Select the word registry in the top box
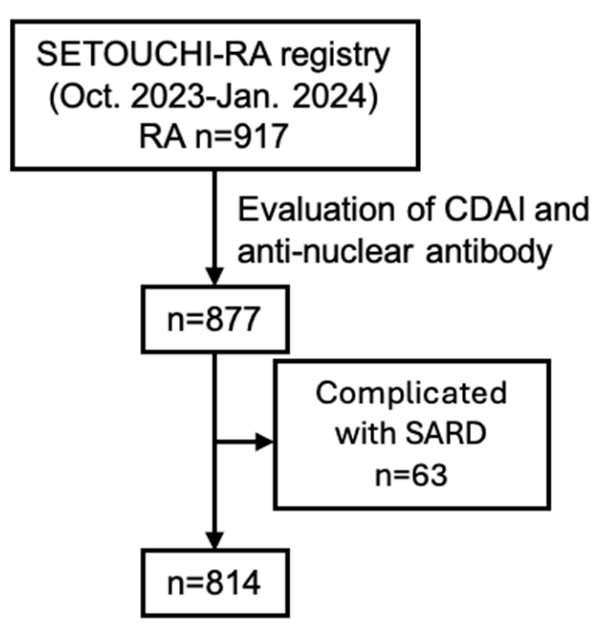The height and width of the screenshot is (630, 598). click(335, 56)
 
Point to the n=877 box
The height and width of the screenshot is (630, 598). click(215, 319)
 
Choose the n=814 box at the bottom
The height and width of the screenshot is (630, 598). click(215, 583)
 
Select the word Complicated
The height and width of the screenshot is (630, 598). click(411, 393)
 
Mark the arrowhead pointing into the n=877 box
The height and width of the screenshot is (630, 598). click(215, 276)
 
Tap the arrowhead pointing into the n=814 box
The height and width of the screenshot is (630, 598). click(215, 540)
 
